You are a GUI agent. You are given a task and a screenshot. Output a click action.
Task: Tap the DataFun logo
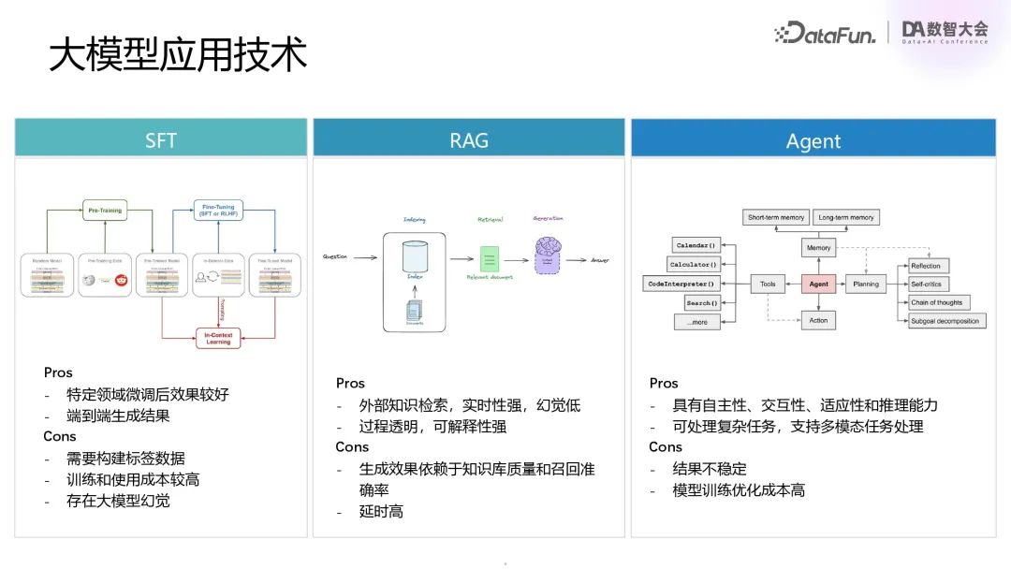[x=826, y=34]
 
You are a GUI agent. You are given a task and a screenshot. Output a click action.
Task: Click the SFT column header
[x=161, y=140]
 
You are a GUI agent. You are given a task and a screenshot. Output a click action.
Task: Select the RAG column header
[x=468, y=140]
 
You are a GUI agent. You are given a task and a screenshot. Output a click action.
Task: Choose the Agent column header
[x=813, y=141]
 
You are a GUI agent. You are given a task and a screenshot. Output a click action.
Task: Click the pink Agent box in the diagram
[x=818, y=284]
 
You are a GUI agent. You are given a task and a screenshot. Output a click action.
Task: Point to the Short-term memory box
[x=776, y=217]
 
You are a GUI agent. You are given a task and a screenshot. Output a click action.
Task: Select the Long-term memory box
[x=846, y=217]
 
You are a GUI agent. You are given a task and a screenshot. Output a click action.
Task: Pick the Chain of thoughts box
[x=936, y=302]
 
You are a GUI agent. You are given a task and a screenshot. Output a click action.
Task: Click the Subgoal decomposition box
[x=945, y=321]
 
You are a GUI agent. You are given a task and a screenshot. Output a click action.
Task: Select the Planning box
[x=866, y=284]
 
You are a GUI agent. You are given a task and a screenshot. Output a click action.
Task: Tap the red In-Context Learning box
[x=218, y=338]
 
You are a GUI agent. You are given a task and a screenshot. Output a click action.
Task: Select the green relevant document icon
[x=489, y=258]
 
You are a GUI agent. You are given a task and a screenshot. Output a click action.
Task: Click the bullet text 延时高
[x=381, y=512]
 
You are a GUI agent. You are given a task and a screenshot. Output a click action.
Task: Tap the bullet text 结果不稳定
[x=709, y=469]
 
